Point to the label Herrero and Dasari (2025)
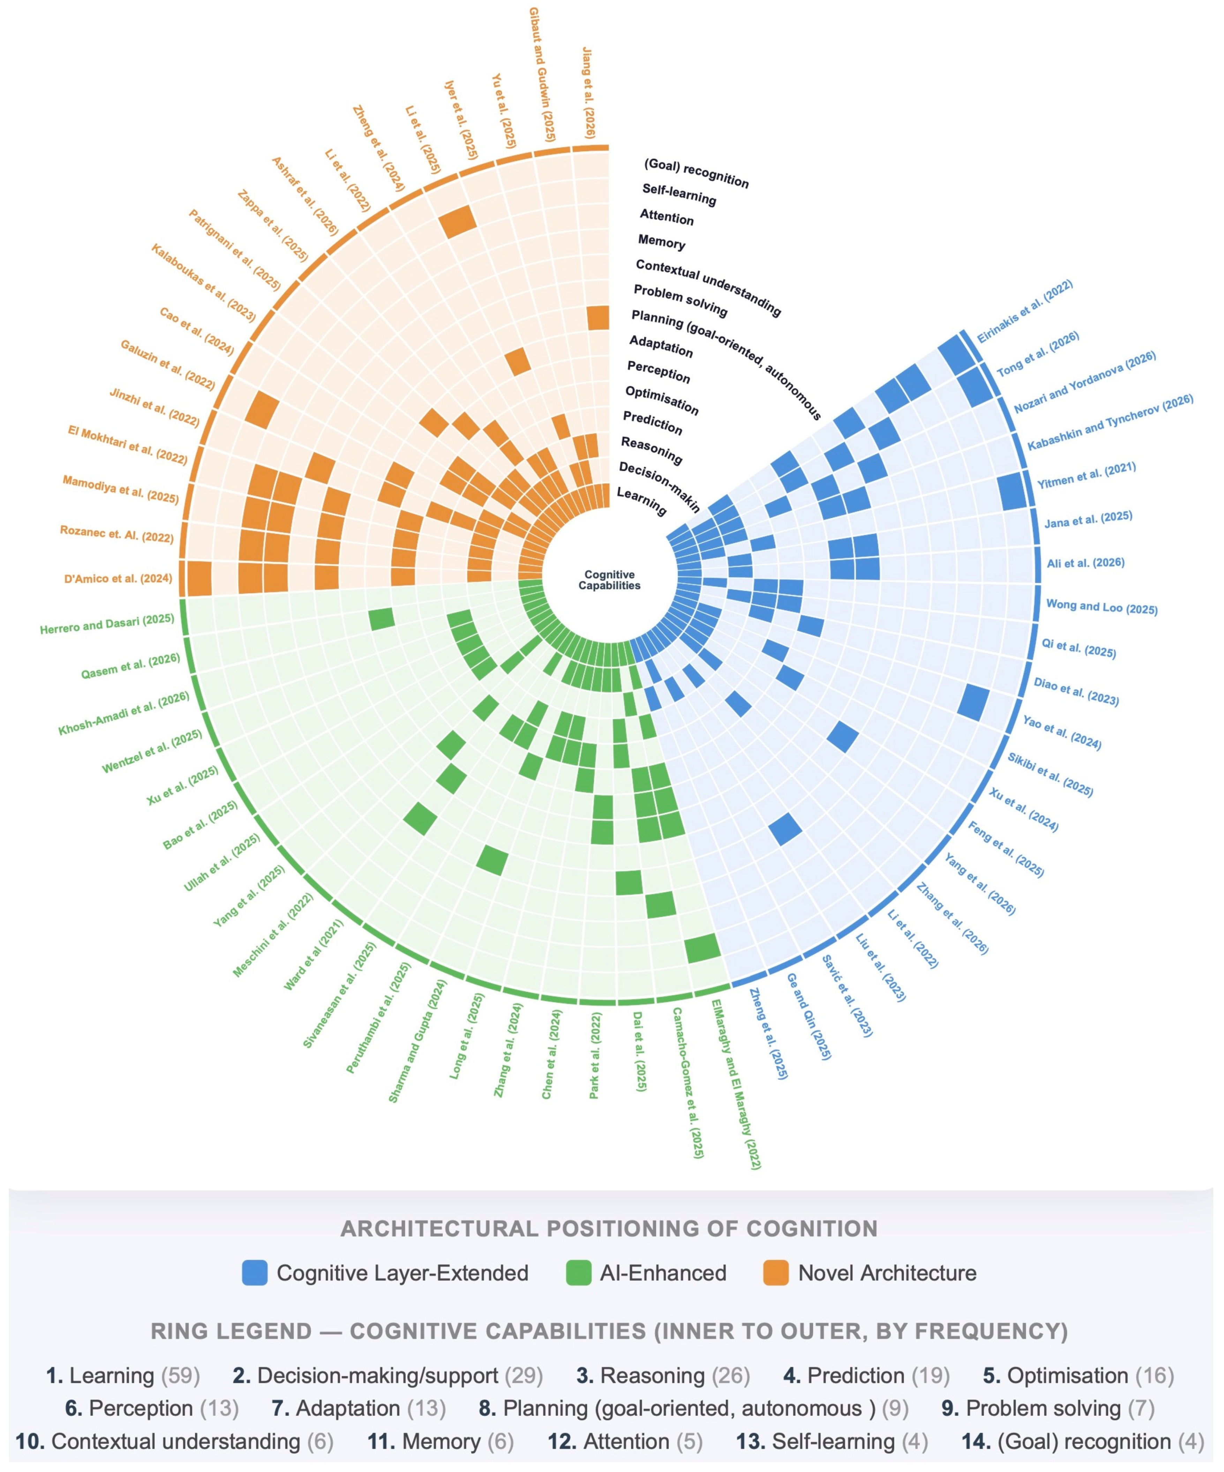pyautogui.click(x=106, y=624)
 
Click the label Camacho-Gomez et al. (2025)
pyautogui.click(x=688, y=1083)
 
